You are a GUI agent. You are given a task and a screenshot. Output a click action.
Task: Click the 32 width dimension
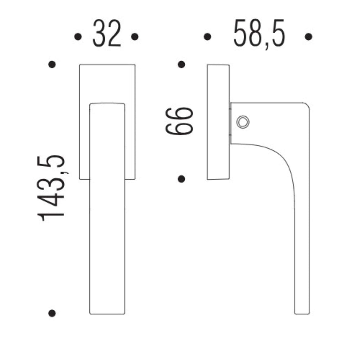[107, 33]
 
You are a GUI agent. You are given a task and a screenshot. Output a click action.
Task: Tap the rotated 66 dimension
[179, 121]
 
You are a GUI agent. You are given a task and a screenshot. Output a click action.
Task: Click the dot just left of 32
[78, 37]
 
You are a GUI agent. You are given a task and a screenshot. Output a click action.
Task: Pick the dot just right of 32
[135, 37]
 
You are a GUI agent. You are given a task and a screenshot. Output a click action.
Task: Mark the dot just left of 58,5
[207, 37]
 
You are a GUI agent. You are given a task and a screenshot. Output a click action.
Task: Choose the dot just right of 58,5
[308, 37]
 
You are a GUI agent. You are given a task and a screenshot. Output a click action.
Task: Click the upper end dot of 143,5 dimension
[52, 64]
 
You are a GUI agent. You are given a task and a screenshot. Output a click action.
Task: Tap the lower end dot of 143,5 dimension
[52, 313]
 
